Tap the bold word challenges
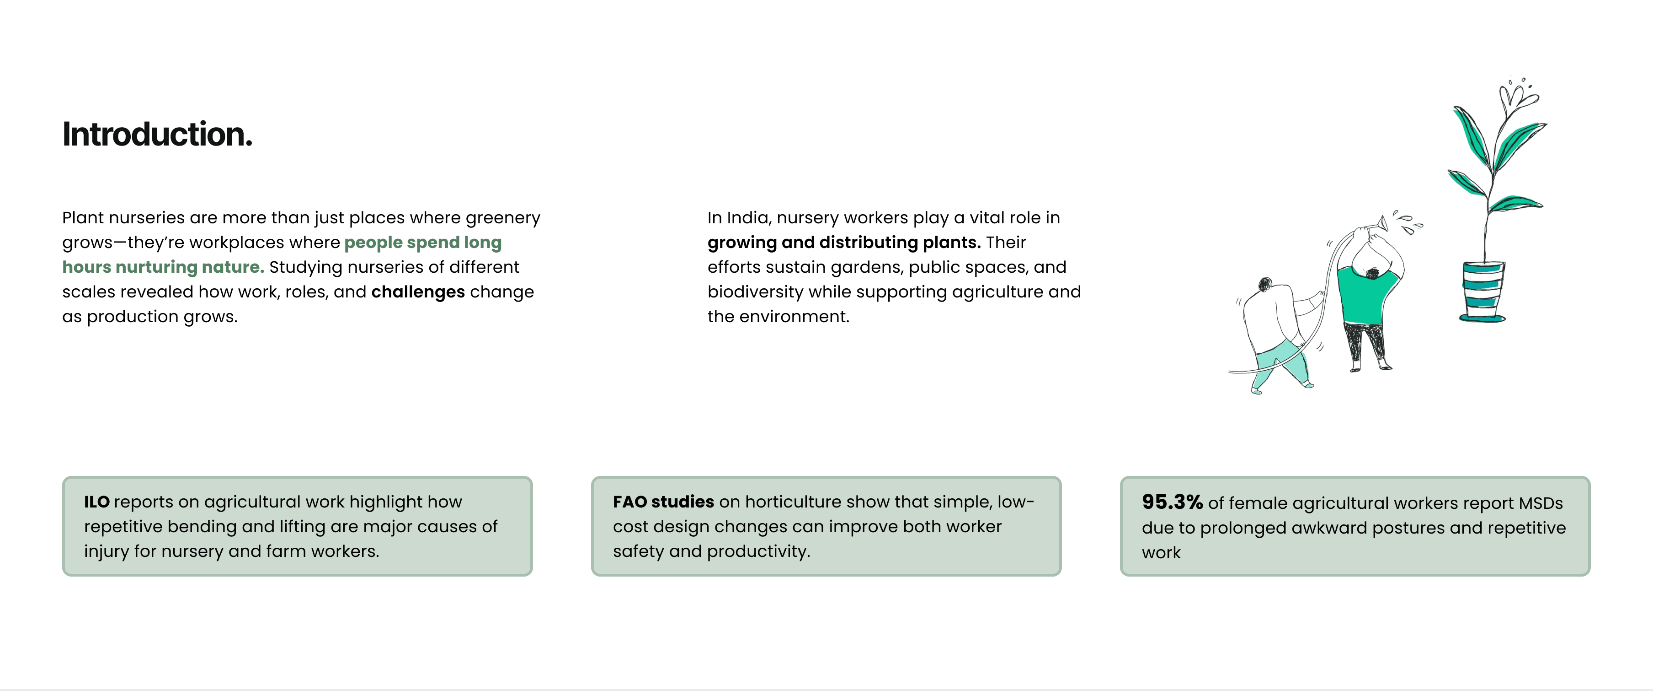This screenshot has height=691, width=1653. click(x=418, y=292)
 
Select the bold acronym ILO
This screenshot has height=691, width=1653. click(x=96, y=502)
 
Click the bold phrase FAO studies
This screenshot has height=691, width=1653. click(x=663, y=502)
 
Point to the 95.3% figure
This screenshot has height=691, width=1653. click(x=1172, y=502)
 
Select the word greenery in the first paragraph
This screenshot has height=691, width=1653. click(x=503, y=218)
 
